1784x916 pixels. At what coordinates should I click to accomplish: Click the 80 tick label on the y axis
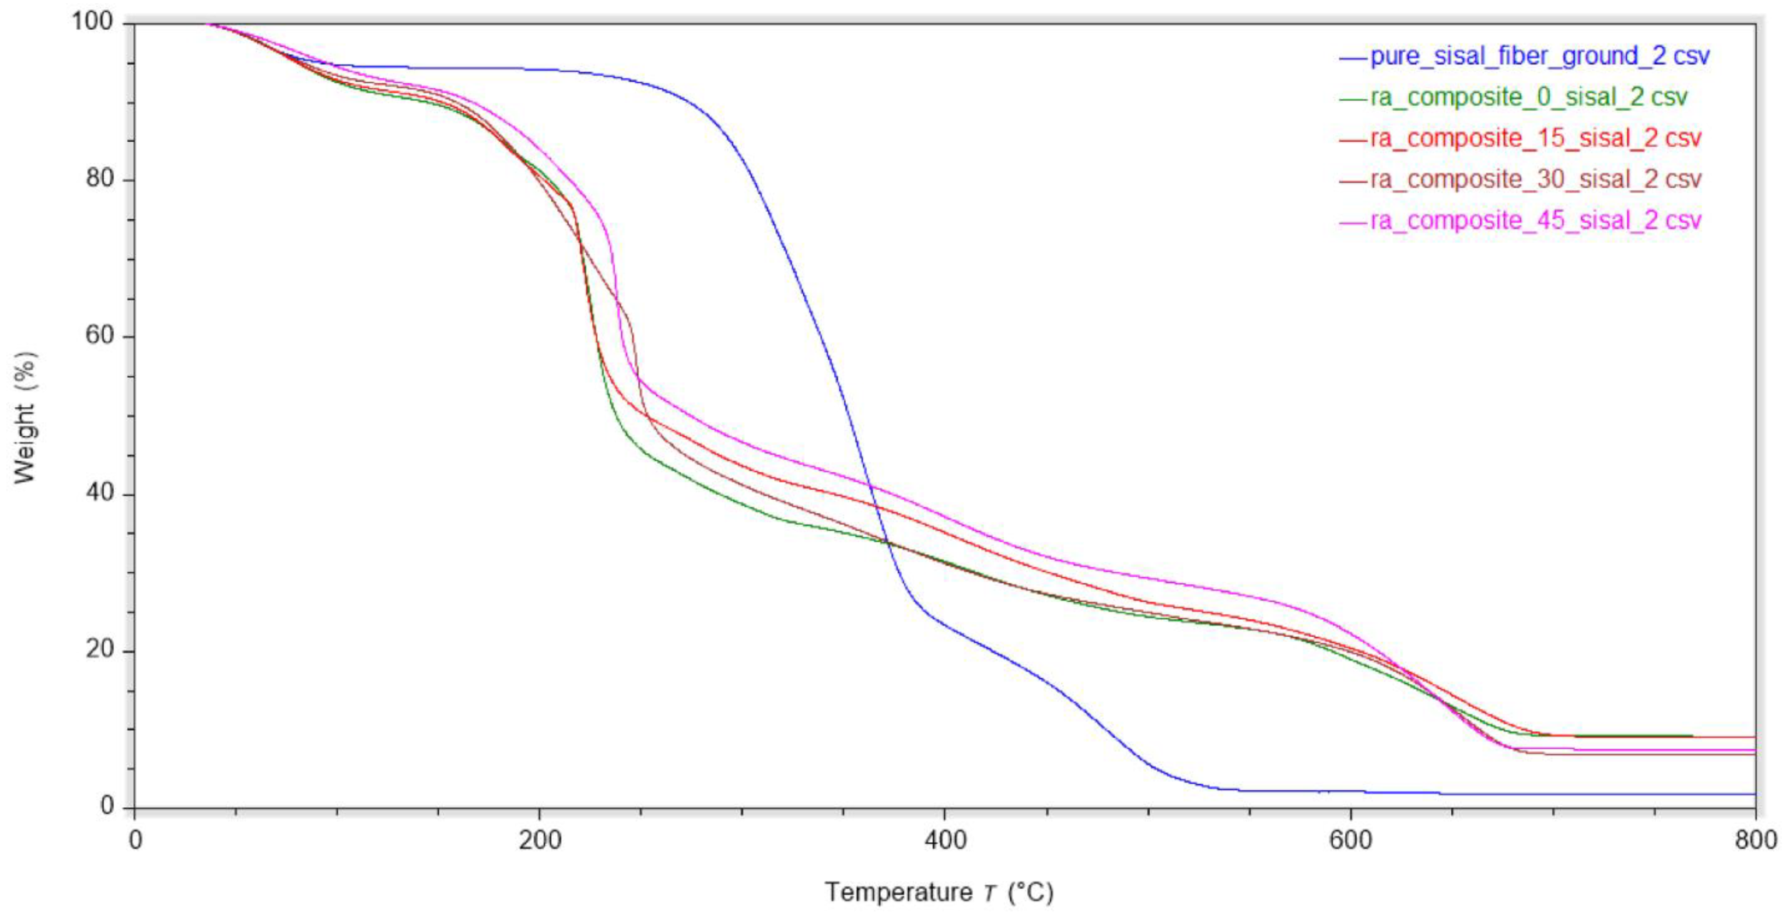[99, 179]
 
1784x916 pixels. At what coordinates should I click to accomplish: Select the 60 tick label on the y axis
[99, 336]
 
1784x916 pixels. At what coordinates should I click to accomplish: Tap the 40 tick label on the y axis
[99, 493]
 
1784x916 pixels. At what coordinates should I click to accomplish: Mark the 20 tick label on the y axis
[99, 650]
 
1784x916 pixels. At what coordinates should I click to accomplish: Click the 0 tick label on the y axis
[106, 806]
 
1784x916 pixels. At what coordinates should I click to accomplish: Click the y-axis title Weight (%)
[25, 417]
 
